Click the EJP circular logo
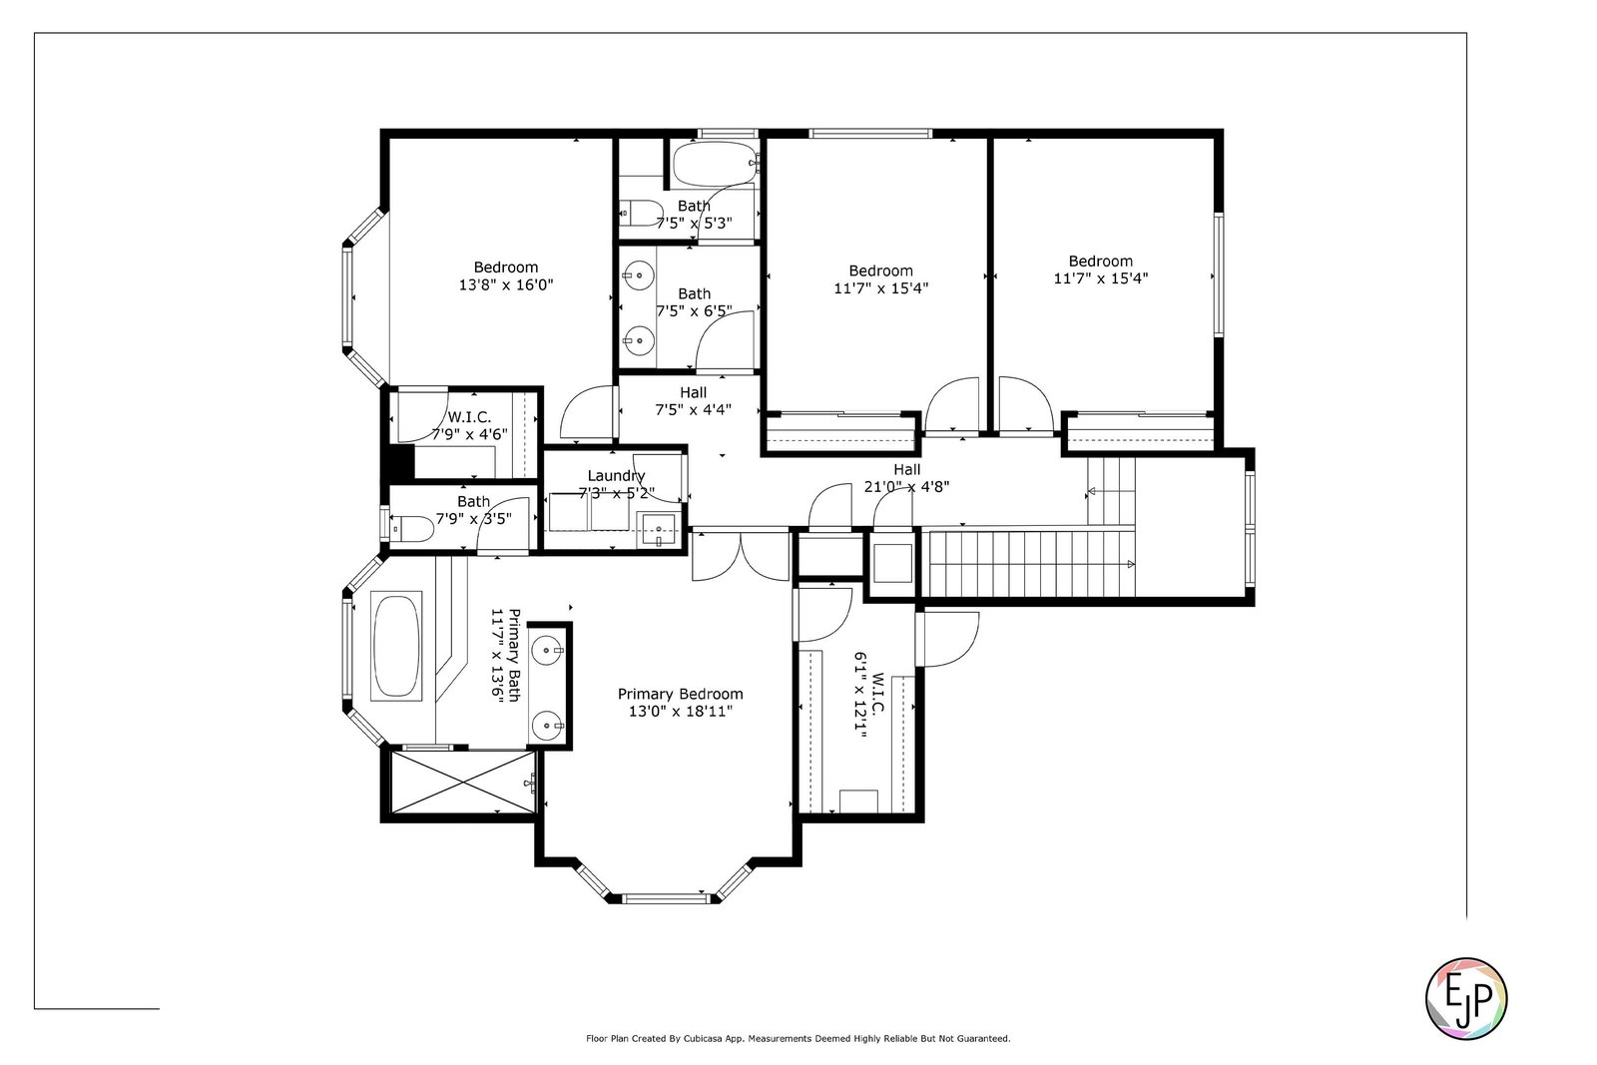click(1466, 998)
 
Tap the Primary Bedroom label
click(680, 694)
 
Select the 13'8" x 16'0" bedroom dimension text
click(506, 285)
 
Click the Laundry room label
click(616, 475)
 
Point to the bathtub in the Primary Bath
click(396, 646)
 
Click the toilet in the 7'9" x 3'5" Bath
click(413, 529)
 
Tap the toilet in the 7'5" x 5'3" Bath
click(641, 213)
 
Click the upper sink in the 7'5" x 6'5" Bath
click(640, 274)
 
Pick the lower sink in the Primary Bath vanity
click(548, 726)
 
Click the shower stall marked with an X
click(463, 782)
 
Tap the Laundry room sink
click(660, 530)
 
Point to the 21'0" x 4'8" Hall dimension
click(907, 487)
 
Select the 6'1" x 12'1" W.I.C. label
click(869, 695)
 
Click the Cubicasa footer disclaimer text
click(798, 1039)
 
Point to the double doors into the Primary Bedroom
click(742, 556)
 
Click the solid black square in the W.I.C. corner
click(400, 462)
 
